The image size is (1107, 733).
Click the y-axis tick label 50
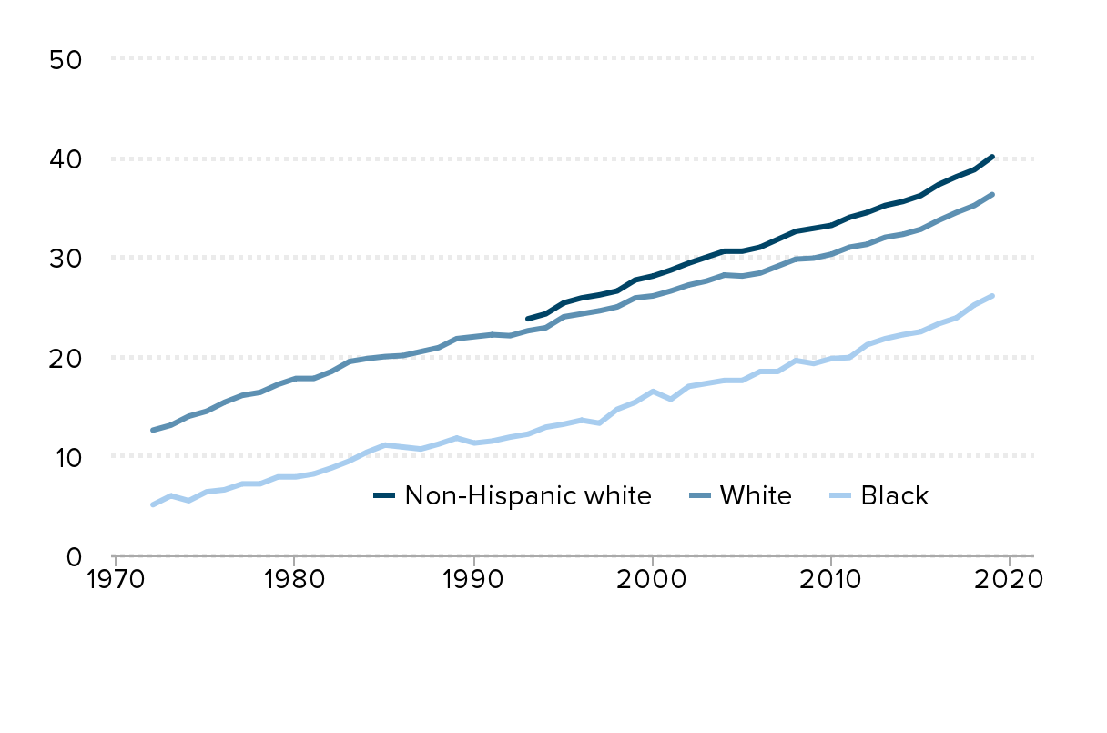pos(66,59)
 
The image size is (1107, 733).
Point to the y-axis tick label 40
pos(66,158)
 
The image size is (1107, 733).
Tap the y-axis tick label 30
pos(66,258)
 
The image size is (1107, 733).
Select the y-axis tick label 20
pos(66,357)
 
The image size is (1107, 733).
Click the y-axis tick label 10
pos(66,456)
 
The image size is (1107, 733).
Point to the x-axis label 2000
pos(651,580)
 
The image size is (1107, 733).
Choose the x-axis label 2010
pos(830,580)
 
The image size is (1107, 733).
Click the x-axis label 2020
pos(1010,580)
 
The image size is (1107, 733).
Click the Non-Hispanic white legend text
pos(528,496)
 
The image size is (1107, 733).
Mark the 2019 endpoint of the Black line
pos(992,296)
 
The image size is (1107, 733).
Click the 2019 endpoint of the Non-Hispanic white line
pos(992,157)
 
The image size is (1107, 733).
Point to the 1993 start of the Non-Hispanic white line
pos(527,319)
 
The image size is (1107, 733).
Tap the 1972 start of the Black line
pos(152,504)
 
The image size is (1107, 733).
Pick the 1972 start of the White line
pos(152,430)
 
